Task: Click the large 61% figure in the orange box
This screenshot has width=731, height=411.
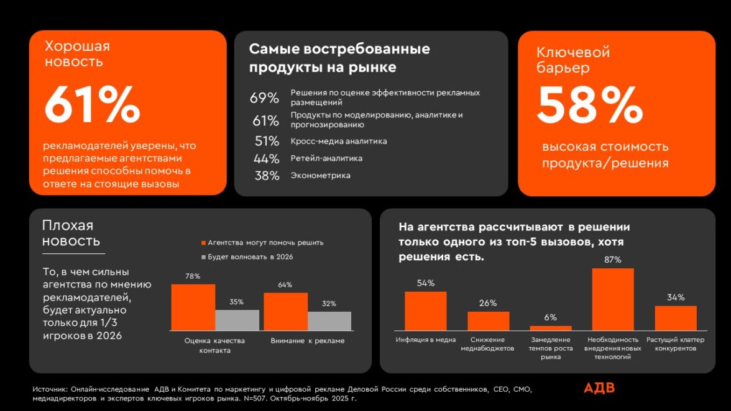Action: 92,104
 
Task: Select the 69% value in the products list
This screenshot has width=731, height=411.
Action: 265,98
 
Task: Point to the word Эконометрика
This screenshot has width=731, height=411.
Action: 320,176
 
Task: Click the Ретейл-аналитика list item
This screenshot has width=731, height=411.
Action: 326,158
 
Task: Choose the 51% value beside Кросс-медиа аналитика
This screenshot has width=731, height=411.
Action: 266,141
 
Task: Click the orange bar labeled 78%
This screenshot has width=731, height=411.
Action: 193,307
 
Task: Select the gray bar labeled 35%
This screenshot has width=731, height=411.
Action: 237,320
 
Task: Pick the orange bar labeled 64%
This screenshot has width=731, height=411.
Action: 285,312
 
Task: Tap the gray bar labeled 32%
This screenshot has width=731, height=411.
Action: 329,321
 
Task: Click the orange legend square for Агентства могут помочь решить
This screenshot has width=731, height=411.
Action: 203,243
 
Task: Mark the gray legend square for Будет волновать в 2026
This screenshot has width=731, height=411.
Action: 203,256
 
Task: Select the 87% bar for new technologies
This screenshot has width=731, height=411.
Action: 612,299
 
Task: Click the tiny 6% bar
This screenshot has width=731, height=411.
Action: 550,328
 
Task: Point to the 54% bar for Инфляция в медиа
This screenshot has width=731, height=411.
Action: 425,310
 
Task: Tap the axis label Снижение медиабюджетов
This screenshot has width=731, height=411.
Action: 487,344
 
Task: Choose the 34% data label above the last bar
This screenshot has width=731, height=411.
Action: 676,297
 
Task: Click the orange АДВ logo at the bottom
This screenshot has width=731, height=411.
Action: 599,389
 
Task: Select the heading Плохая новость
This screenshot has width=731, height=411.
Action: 71,233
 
